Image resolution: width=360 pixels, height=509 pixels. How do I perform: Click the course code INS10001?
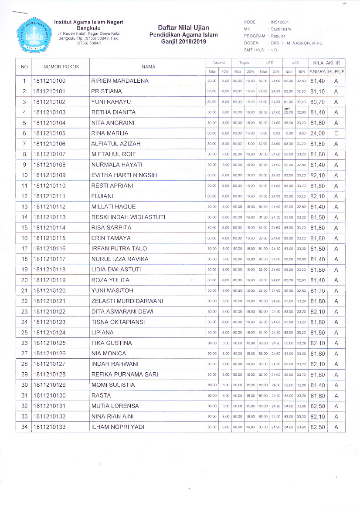pyautogui.click(x=280, y=22)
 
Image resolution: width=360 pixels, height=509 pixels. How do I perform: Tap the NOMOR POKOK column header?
pyautogui.click(x=61, y=67)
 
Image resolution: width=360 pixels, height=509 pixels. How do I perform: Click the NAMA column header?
pyautogui.click(x=148, y=67)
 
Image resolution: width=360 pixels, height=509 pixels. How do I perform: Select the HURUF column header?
pyautogui.click(x=336, y=71)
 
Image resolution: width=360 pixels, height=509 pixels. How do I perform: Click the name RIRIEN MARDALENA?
pyautogui.click(x=120, y=81)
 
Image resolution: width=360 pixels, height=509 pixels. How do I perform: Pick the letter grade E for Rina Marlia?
pyautogui.click(x=336, y=133)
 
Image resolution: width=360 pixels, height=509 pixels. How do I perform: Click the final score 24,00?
pyautogui.click(x=317, y=133)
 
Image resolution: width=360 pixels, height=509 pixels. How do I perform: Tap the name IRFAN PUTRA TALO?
pyautogui.click(x=119, y=249)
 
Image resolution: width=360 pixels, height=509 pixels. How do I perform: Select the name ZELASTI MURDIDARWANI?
pyautogui.click(x=127, y=301)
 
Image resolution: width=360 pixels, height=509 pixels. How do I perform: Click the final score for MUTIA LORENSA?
pyautogui.click(x=317, y=406)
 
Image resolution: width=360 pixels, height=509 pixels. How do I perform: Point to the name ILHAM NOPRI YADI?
pyautogui.click(x=118, y=427)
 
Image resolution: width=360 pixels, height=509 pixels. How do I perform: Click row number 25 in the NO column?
pyautogui.click(x=24, y=333)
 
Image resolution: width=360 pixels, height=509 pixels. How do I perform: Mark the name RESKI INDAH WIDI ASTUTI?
pyautogui.click(x=128, y=217)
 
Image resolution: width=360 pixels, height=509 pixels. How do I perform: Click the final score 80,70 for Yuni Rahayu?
pyautogui.click(x=317, y=102)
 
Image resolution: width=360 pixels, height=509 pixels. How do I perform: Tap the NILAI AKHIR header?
pyautogui.click(x=326, y=63)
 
